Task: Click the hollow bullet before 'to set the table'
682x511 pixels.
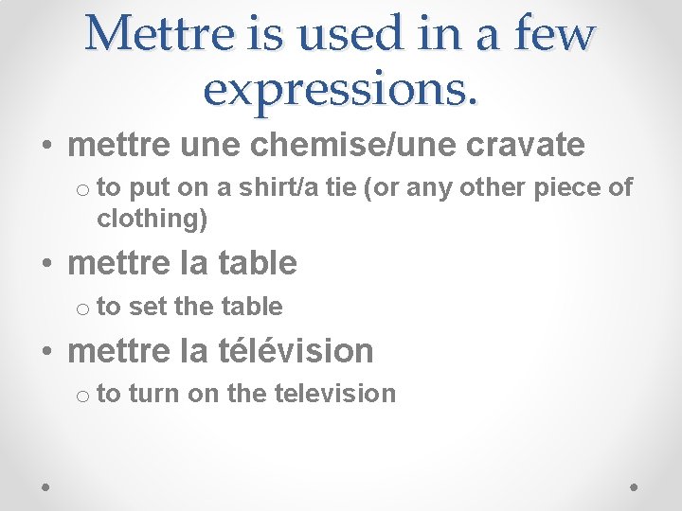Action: point(83,308)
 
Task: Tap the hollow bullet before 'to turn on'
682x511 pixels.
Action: point(83,396)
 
